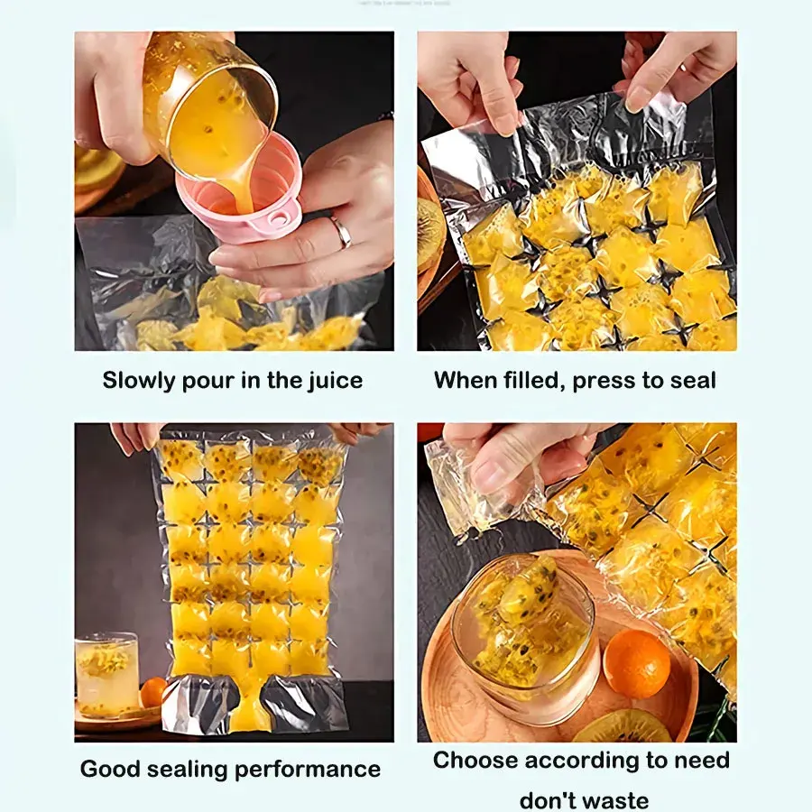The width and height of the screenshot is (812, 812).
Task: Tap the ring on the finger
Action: pyautogui.click(x=342, y=231)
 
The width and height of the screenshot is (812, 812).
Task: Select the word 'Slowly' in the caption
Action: pyautogui.click(x=137, y=381)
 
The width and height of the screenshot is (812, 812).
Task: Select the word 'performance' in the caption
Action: pyautogui.click(x=309, y=770)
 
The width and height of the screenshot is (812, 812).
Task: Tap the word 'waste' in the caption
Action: pyautogui.click(x=615, y=800)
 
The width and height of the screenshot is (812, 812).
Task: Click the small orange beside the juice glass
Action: pyautogui.click(x=152, y=692)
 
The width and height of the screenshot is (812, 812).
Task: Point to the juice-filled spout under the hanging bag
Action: pyautogui.click(x=249, y=705)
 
